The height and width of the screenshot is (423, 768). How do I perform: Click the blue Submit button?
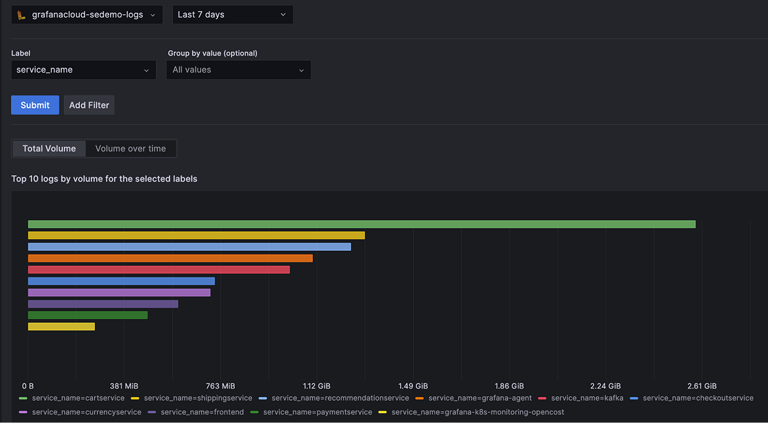point(35,105)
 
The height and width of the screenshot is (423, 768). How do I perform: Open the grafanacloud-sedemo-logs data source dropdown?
point(87,15)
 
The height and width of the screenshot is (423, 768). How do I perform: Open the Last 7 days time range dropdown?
point(232,15)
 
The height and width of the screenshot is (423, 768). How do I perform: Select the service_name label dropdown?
point(83,70)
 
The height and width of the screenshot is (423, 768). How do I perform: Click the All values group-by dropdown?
point(238,70)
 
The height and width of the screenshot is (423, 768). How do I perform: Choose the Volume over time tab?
point(131,149)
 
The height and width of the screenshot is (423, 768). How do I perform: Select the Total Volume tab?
point(49,149)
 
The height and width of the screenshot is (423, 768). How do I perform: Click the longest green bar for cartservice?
point(362,224)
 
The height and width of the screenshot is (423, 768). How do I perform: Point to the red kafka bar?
point(159,269)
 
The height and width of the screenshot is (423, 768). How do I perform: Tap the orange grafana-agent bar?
point(170,258)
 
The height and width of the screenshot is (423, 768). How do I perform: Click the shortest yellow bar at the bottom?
point(61,326)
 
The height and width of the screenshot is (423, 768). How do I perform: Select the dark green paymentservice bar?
point(88,315)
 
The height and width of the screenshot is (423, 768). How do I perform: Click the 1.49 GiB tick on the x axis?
point(413,386)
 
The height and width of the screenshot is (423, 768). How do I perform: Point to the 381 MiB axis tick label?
point(124,386)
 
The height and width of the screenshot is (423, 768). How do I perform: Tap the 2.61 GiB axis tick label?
point(702,386)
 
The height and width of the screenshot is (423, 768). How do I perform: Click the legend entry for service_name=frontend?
point(202,412)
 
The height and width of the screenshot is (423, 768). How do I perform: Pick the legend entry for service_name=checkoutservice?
point(697,398)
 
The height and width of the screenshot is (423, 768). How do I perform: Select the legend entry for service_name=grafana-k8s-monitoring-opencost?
point(477,412)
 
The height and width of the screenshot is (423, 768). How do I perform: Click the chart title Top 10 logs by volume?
point(104,179)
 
